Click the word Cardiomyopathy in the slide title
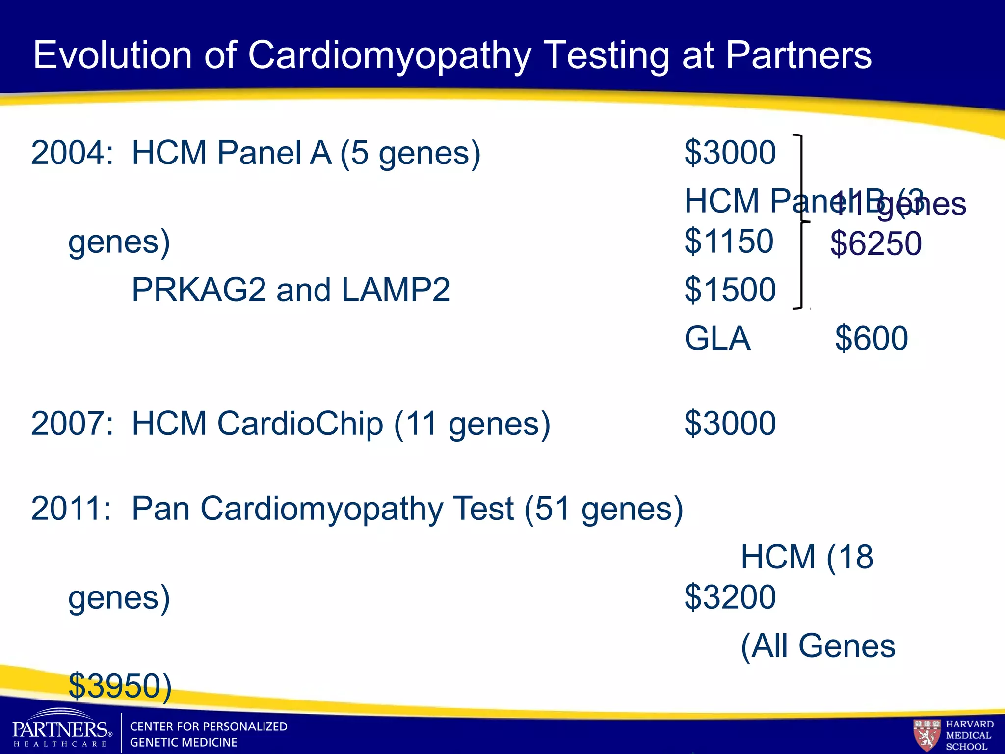coord(390,55)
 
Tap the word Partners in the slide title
coord(798,55)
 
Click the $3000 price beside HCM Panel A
coord(730,153)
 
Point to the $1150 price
coord(729,241)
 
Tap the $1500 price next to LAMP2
coord(730,290)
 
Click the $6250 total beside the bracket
coord(876,243)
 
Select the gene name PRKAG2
coord(199,290)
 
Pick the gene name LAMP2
coord(396,290)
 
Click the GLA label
coord(717,338)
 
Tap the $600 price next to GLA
coord(872,338)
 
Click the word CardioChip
coord(300,423)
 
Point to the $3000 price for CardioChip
coord(730,423)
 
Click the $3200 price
coord(730,597)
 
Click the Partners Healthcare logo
coord(61,729)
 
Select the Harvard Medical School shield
coord(926,734)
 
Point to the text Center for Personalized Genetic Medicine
coord(208,734)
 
